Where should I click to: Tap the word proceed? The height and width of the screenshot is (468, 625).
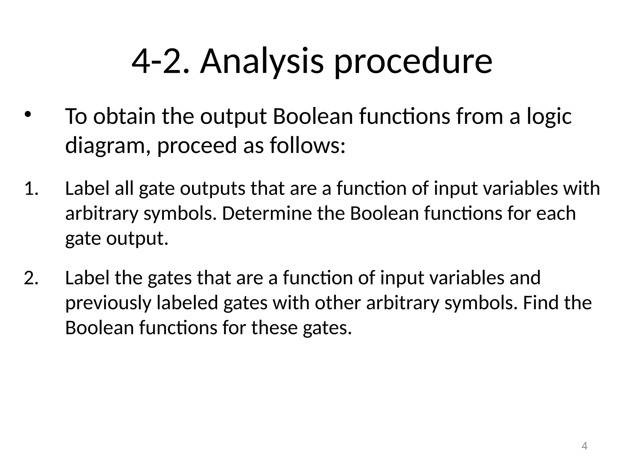[197, 145]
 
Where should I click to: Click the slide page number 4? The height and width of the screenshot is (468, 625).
[584, 446]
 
